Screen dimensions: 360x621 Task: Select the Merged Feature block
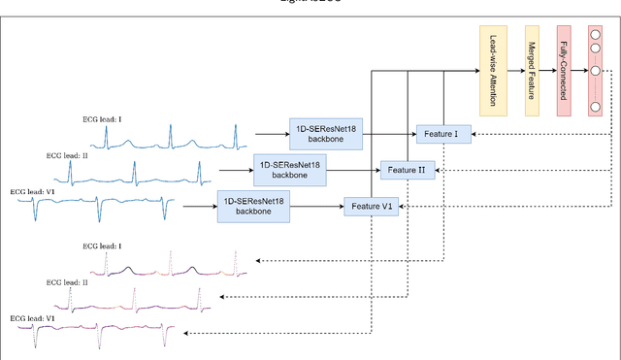point(532,71)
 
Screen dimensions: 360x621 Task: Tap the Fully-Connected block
point(564,71)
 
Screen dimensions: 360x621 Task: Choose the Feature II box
point(408,170)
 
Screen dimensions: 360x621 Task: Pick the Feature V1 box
point(372,206)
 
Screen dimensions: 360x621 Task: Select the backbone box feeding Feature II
point(288,170)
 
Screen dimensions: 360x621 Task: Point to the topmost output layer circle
point(593,35)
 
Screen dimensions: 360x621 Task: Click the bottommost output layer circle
point(593,106)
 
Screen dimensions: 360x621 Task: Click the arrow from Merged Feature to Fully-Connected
point(547,71)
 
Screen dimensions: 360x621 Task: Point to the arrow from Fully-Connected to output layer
point(579,71)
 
